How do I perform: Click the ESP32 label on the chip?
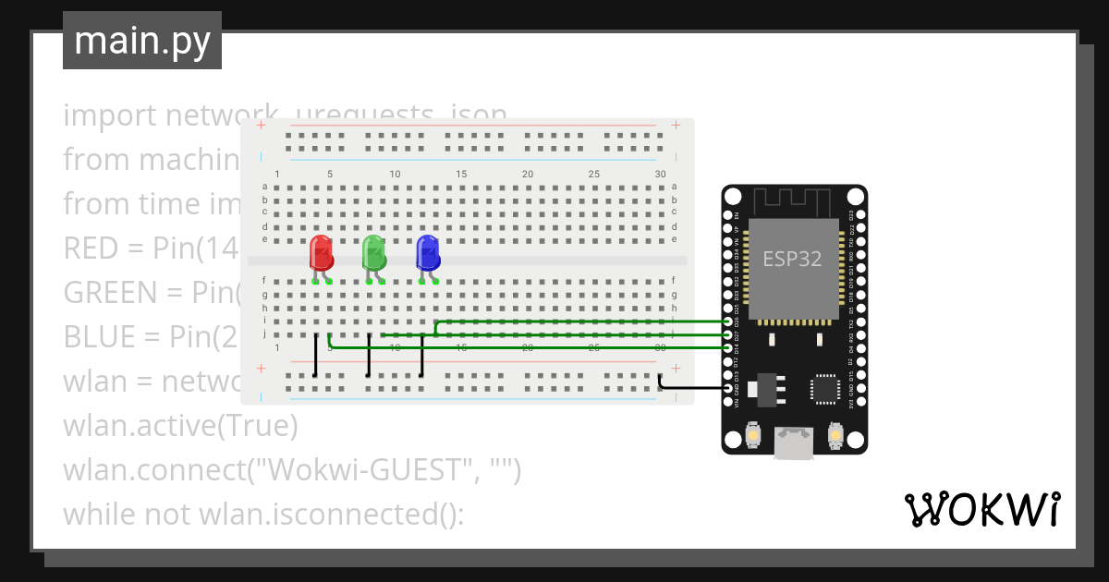point(792,259)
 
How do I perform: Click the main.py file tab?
point(142,41)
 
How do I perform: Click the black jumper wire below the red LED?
point(316,356)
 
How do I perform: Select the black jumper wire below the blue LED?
point(422,356)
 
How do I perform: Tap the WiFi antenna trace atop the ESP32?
point(794,200)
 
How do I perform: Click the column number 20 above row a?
point(528,174)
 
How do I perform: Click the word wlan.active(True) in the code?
point(181,426)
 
